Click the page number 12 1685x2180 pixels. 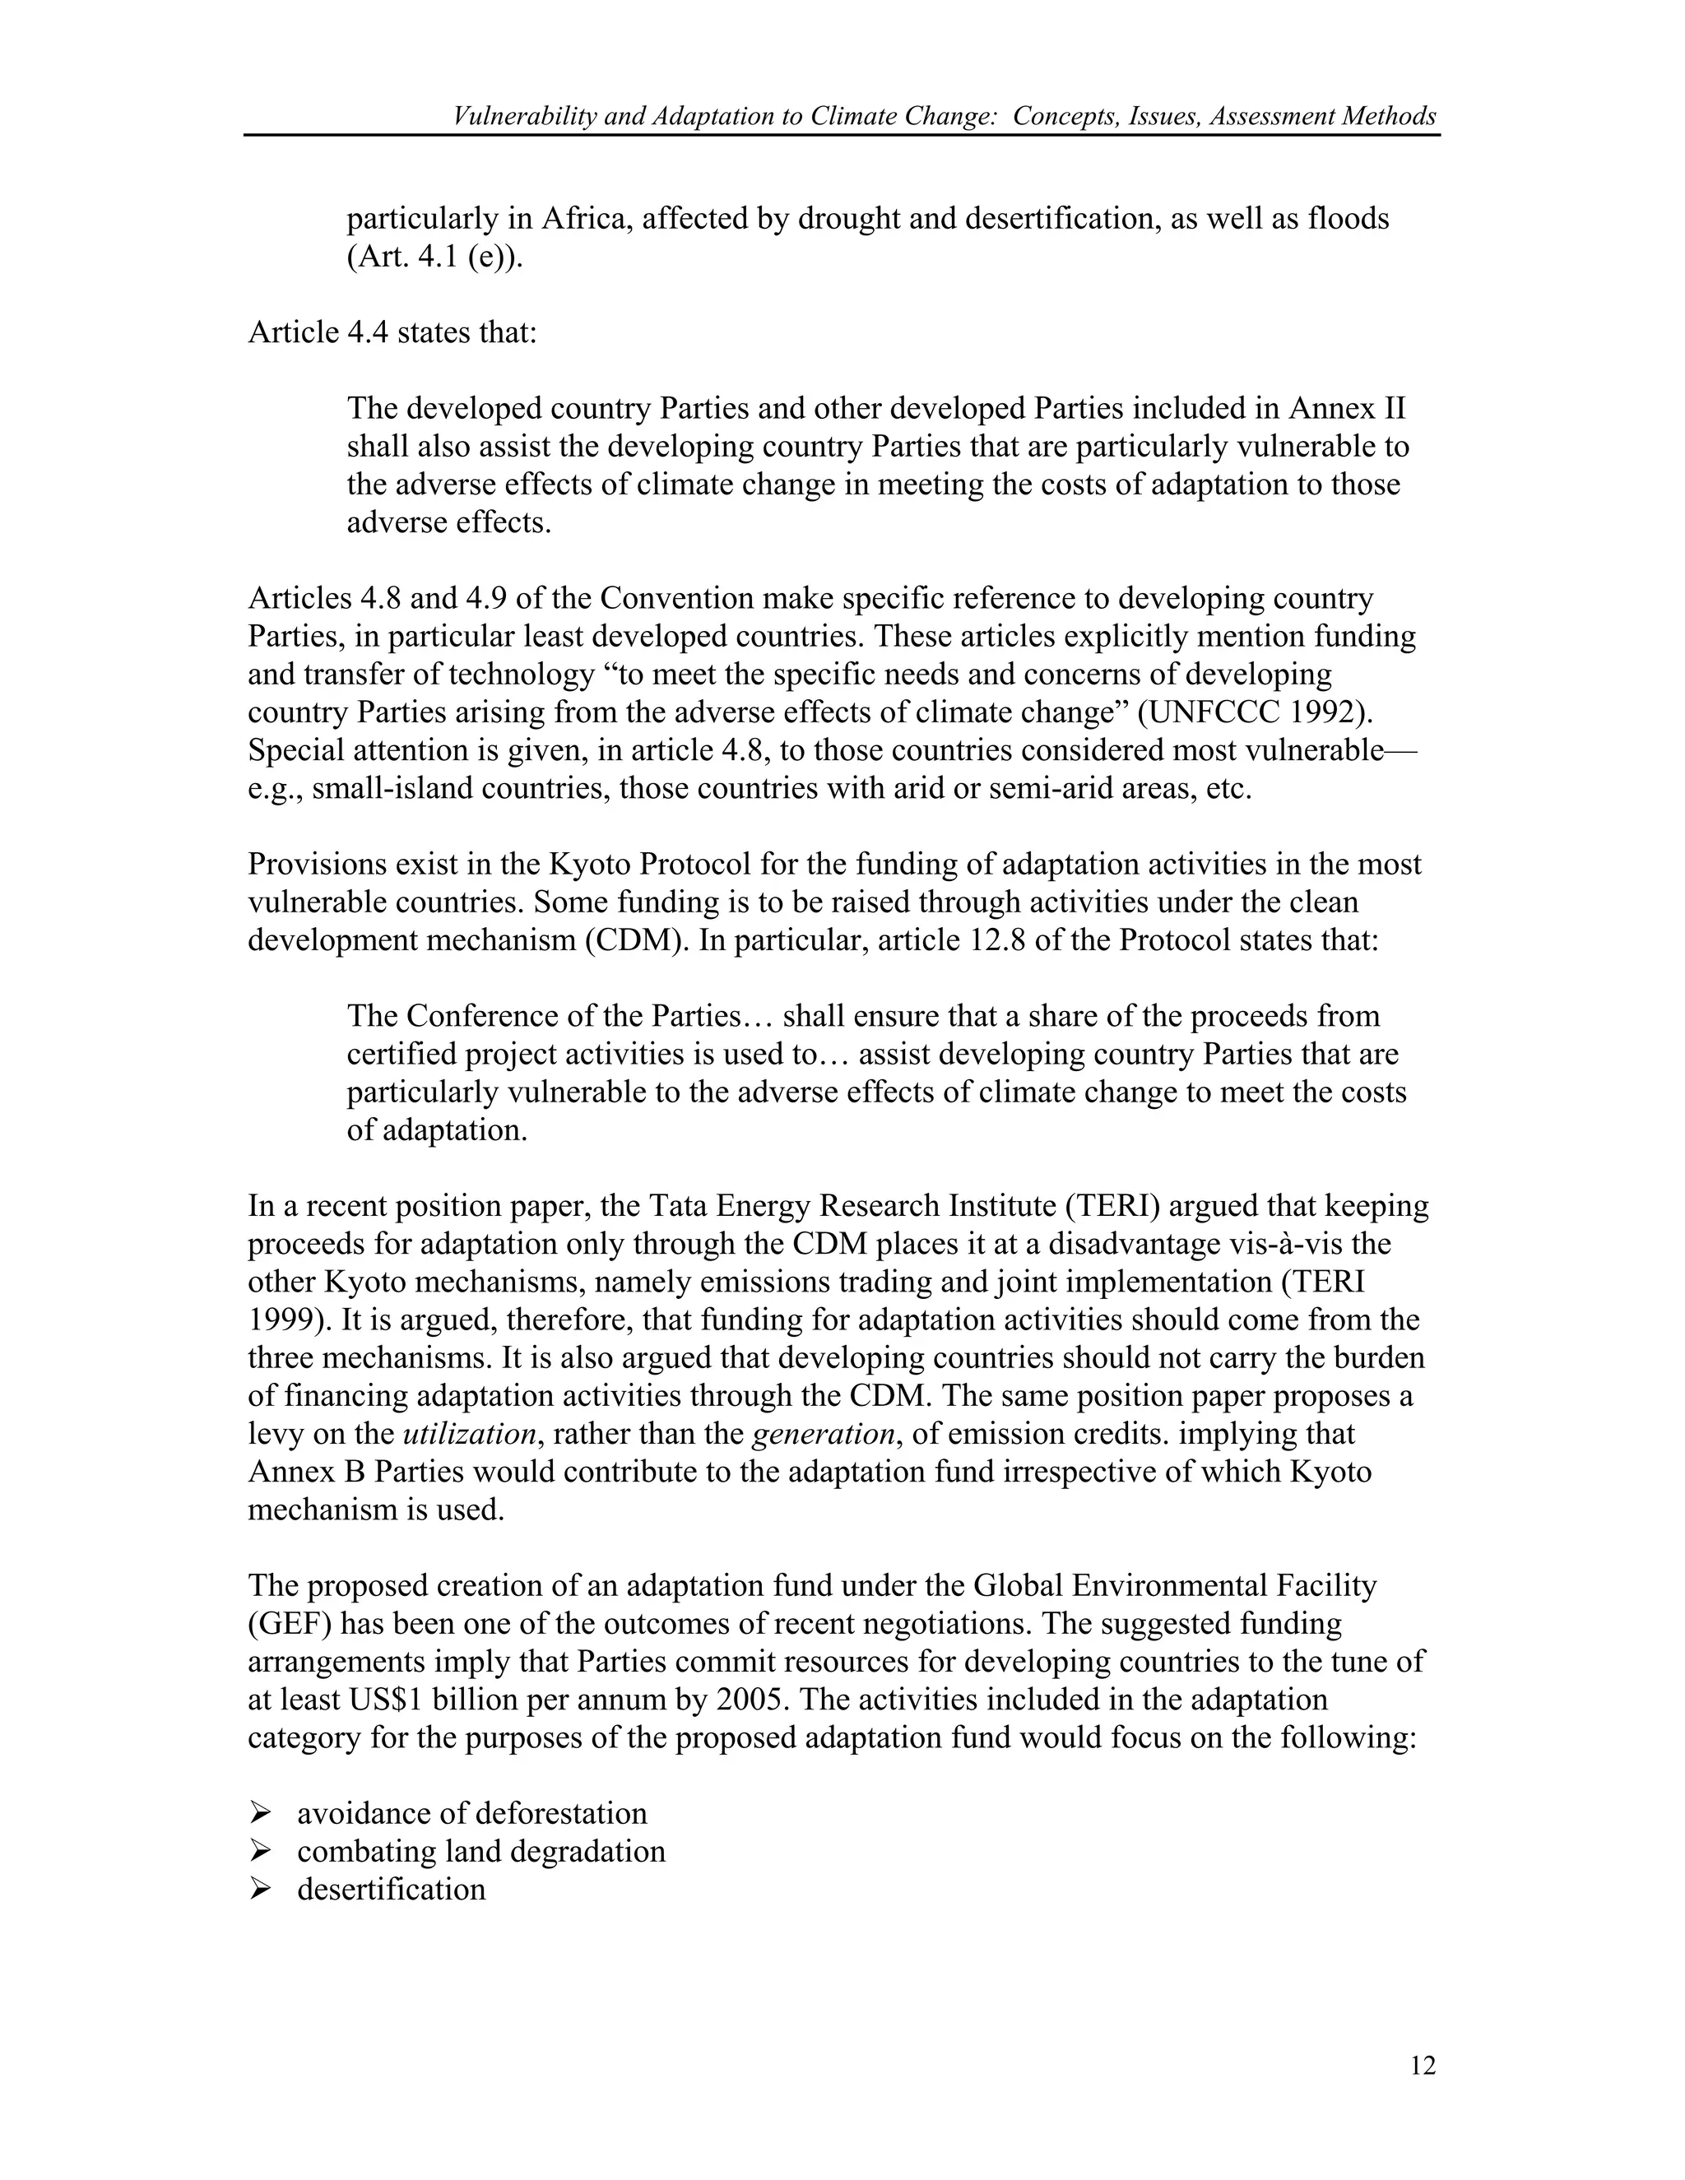(1423, 2066)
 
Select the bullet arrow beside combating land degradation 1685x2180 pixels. (261, 1851)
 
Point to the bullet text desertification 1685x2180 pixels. (392, 1889)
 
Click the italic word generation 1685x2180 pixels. (823, 1435)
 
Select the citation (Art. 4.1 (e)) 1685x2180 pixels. (434, 257)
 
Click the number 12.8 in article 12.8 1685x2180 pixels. (997, 940)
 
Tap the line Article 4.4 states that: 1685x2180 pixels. (392, 332)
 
